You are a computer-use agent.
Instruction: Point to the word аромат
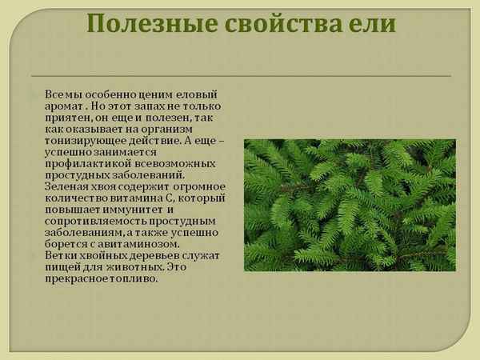coord(66,106)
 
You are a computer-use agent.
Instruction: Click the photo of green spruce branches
coord(350,205)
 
